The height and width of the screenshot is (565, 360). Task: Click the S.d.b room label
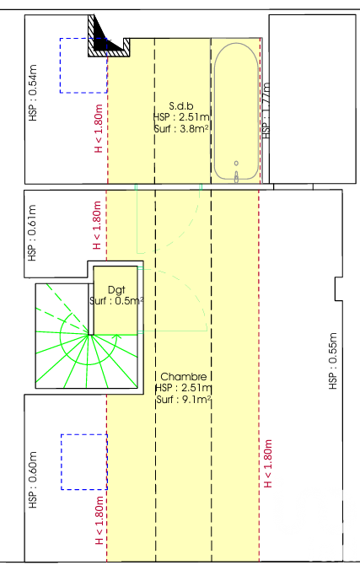181,106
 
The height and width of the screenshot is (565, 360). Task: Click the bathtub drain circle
236,164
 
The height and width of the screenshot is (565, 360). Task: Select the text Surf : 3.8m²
181,129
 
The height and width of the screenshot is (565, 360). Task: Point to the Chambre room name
184,377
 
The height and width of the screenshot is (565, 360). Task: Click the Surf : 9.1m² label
184,399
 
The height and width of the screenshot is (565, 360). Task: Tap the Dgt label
116,290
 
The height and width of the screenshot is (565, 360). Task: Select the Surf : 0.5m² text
116,301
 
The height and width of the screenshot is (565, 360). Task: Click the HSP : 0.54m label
33,93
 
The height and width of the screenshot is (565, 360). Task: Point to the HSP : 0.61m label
32,233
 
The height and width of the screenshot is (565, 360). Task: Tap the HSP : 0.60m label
32,480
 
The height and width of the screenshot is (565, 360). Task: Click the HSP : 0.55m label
333,361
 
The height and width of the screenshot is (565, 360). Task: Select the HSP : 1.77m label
266,110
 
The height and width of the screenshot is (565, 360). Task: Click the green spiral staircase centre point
89,335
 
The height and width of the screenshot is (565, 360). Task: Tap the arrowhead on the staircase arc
116,337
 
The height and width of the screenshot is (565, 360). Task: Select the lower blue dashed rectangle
62,462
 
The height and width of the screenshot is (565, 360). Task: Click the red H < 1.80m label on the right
268,464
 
